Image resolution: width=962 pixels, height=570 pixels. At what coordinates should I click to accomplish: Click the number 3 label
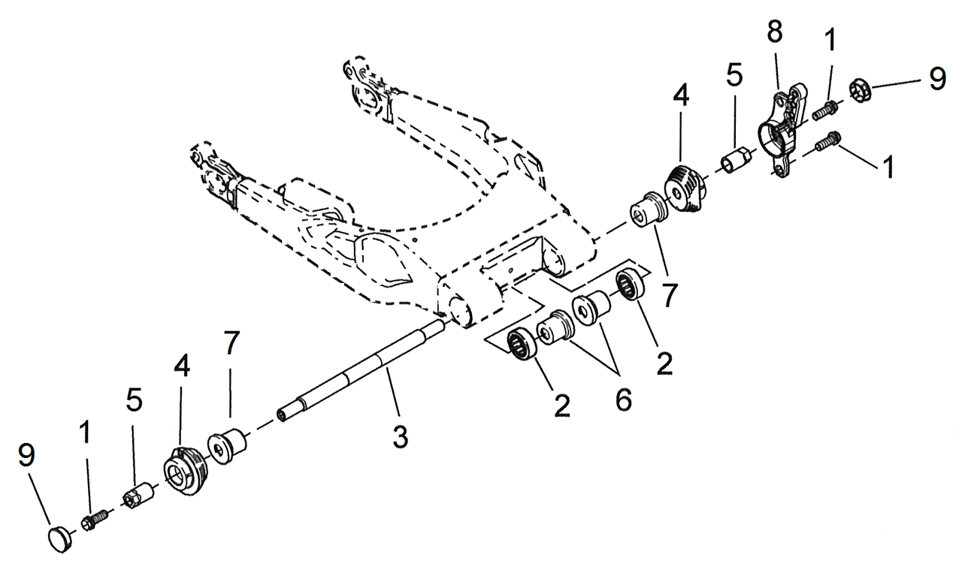400,436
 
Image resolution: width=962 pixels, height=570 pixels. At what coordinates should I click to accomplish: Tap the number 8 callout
774,32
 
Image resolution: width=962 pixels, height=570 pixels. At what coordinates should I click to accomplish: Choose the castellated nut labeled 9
861,92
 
